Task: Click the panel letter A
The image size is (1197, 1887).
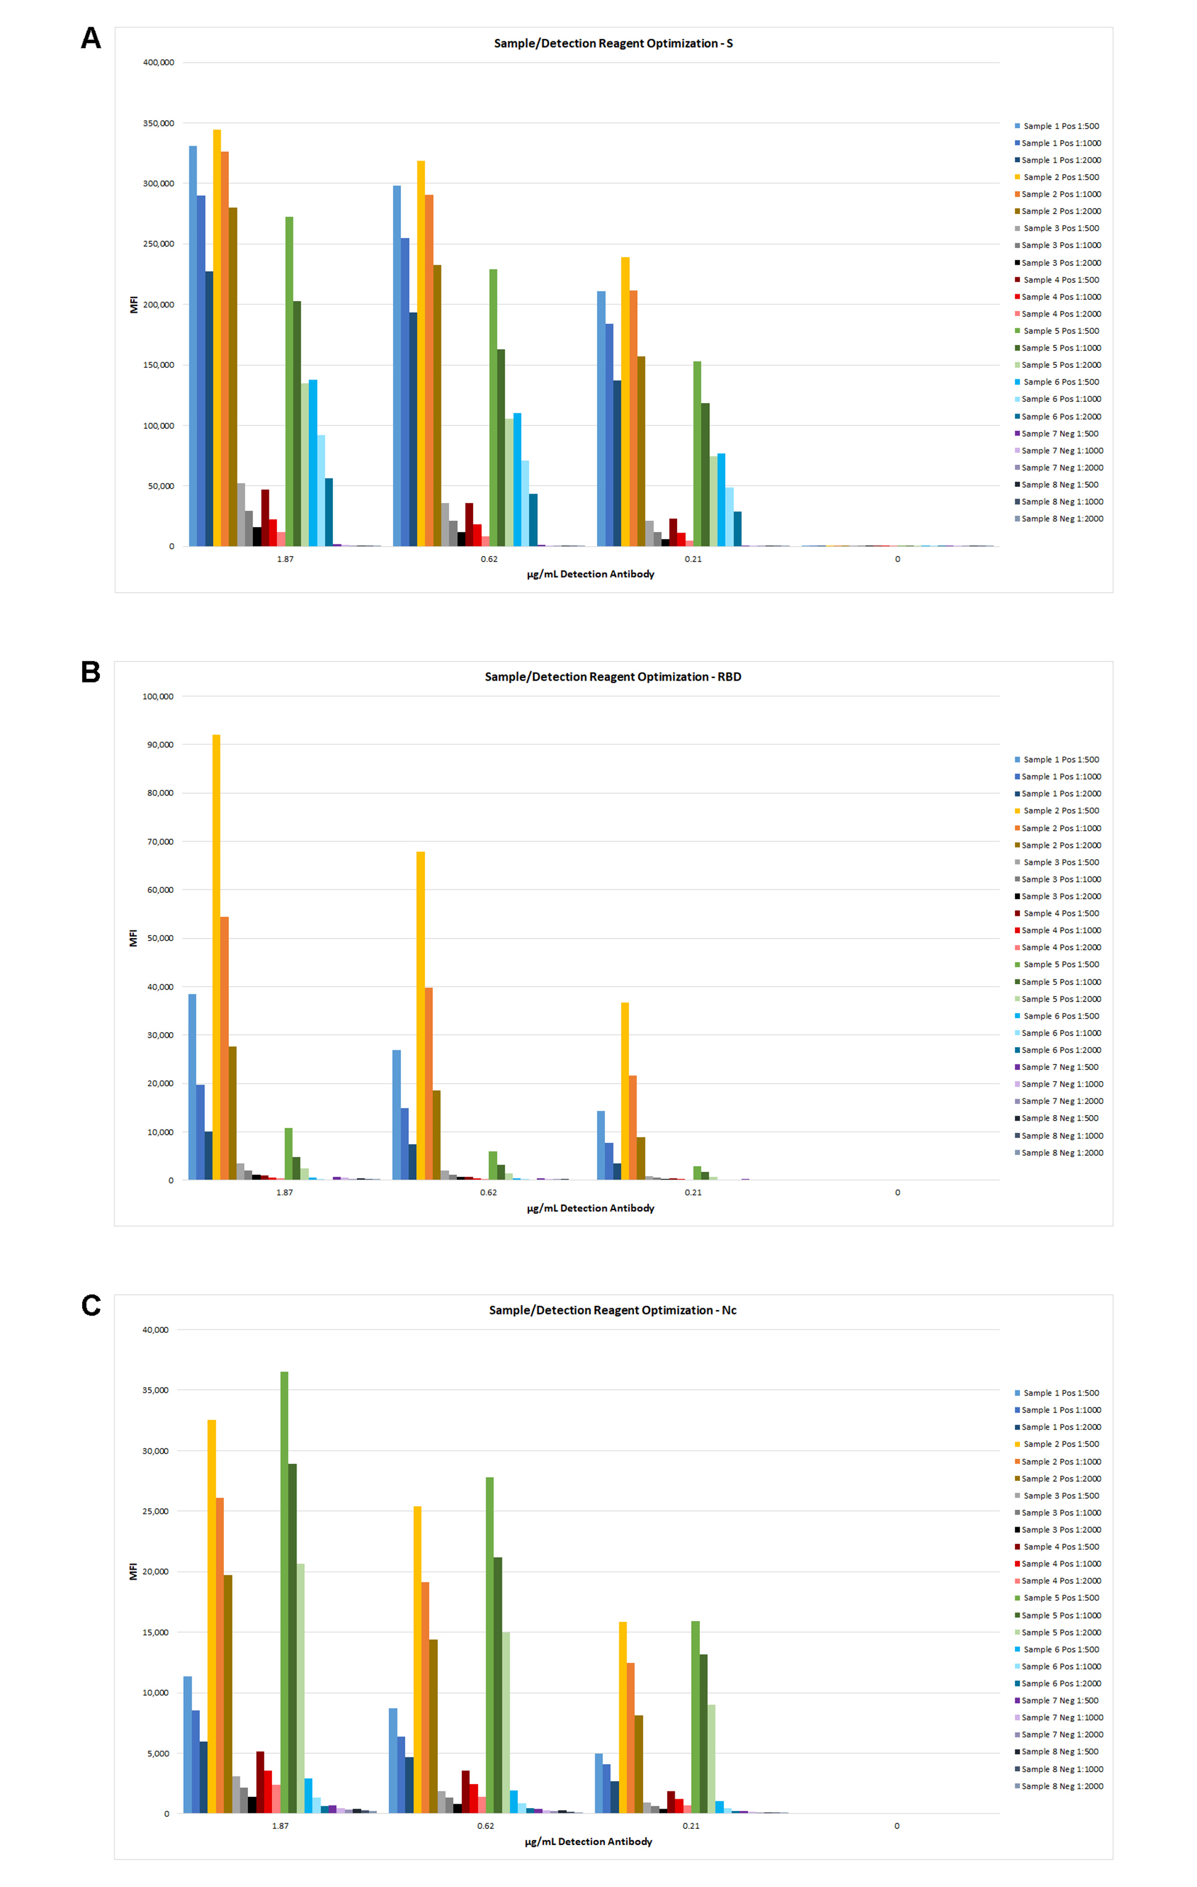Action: (91, 38)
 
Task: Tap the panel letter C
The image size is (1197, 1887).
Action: (91, 1304)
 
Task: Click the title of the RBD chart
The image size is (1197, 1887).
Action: (612, 676)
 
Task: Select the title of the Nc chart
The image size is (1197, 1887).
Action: (612, 1309)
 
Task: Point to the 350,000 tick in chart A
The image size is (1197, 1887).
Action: (158, 123)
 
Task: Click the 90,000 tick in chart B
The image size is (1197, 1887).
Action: (160, 744)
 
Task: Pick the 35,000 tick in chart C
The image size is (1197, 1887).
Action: (155, 1390)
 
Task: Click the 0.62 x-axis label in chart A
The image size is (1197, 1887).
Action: (489, 558)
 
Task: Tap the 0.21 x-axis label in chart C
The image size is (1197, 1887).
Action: (691, 1825)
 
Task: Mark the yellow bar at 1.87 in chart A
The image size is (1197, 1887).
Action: (217, 337)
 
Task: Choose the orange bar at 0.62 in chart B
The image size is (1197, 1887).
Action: (429, 1083)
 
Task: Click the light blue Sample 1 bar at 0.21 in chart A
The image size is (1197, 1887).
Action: (601, 418)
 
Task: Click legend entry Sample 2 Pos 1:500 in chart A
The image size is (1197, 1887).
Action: (1061, 177)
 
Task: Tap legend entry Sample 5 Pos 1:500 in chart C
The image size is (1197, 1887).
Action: (1061, 1598)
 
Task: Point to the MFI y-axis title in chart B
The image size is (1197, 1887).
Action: (133, 938)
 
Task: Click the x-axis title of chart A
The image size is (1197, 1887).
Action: (590, 574)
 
